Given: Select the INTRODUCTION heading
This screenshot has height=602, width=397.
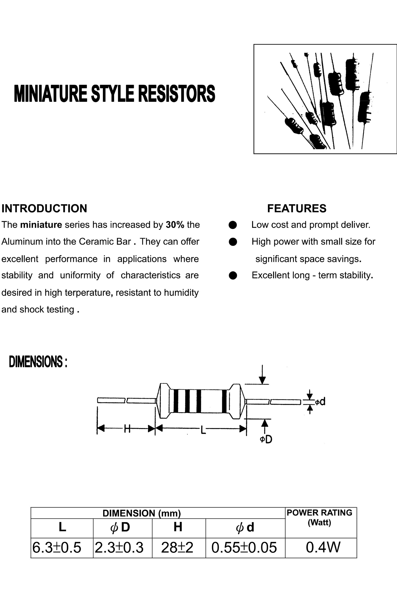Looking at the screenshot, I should (44, 208).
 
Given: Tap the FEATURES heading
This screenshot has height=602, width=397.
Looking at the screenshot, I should (297, 208).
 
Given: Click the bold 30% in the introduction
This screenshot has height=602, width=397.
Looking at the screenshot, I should (175, 225).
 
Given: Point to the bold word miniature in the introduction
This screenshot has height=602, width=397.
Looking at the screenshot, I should (41, 225).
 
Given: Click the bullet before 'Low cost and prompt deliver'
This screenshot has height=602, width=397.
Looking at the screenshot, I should (233, 225).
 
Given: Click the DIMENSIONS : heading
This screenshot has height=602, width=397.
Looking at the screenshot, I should (38, 362).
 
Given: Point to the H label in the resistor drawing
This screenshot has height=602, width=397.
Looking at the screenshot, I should (127, 429).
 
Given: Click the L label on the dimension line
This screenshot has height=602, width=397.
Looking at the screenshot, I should (203, 430).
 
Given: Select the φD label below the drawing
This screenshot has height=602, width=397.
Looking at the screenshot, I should (266, 440).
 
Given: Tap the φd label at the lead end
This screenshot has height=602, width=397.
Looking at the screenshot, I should (320, 402).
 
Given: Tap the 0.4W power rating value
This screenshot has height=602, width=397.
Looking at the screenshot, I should (323, 547).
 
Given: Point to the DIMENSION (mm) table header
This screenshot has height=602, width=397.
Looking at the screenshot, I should (142, 513).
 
